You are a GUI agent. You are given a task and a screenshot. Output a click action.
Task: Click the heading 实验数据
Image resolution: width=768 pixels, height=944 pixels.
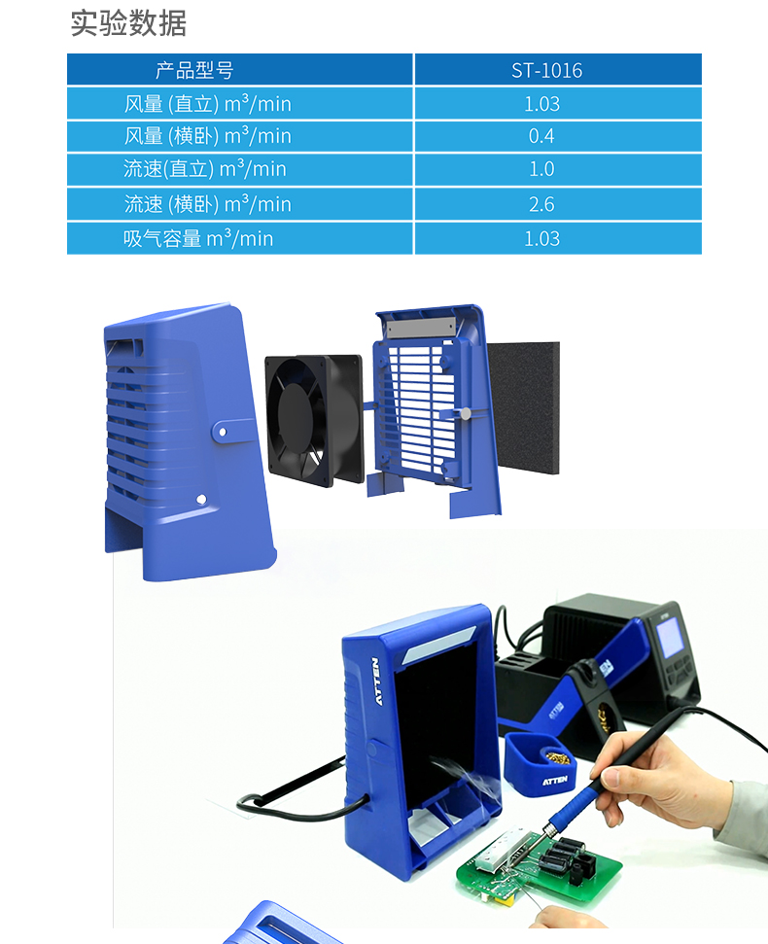[128, 23]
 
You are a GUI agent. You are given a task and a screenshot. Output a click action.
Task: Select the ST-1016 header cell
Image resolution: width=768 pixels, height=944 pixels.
[546, 70]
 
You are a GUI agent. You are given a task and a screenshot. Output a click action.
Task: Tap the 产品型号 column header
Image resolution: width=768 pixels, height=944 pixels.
[194, 70]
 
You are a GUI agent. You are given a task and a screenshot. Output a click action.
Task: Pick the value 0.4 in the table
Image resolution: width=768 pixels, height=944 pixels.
[541, 136]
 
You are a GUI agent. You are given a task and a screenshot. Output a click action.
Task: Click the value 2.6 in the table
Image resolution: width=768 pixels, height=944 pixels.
[541, 205]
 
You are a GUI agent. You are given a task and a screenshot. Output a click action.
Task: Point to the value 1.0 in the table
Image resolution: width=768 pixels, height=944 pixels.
[541, 169]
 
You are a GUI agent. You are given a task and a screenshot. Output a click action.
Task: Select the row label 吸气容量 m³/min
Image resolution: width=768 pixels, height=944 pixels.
[198, 238]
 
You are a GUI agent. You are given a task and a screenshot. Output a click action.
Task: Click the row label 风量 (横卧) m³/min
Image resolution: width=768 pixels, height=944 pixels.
[208, 136]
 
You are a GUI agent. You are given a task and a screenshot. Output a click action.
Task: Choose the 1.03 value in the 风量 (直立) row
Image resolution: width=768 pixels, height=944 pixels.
[541, 104]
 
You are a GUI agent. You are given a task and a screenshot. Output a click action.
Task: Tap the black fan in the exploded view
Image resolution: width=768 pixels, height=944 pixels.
[314, 420]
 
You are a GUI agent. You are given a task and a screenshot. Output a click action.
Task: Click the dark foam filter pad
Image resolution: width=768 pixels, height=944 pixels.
[523, 407]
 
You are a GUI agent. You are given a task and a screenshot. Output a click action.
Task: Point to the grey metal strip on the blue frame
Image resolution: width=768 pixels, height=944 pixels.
[421, 328]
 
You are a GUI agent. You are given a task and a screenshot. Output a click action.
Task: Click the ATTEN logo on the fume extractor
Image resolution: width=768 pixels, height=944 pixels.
[377, 681]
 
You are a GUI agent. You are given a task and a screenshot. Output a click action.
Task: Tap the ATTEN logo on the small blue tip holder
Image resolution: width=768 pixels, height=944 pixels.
[554, 781]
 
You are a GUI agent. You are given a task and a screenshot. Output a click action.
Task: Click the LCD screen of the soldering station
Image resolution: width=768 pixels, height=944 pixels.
[669, 640]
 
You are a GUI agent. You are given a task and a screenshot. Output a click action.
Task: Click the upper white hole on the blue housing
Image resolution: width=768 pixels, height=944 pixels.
[223, 432]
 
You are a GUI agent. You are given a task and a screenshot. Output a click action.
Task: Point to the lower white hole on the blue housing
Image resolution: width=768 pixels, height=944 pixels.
[201, 499]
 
